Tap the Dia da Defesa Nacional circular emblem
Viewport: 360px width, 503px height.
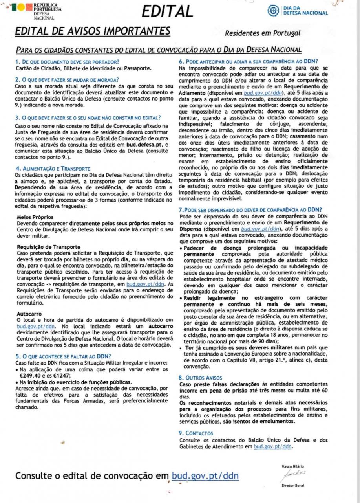(273, 11)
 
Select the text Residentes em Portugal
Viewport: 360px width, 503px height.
(263, 33)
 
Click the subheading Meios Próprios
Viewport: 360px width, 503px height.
(35, 217)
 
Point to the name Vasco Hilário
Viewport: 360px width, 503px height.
(293, 466)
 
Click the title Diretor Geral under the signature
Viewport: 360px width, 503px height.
(293, 485)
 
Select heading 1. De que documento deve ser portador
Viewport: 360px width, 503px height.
(67, 62)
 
